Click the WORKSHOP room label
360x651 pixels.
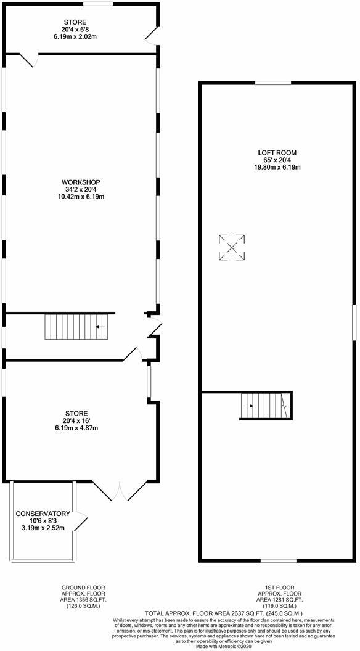tap(81, 182)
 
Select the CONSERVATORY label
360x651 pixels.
tap(43, 514)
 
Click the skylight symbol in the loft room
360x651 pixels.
tap(232, 248)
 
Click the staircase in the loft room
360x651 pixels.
tap(264, 406)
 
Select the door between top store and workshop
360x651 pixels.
tap(28, 60)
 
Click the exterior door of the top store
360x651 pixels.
tap(151, 35)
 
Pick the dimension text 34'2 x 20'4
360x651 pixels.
tap(81, 189)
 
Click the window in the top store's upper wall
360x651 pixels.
tap(97, 4)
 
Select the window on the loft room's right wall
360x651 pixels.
tap(354, 322)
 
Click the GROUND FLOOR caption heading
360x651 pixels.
tap(83, 588)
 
